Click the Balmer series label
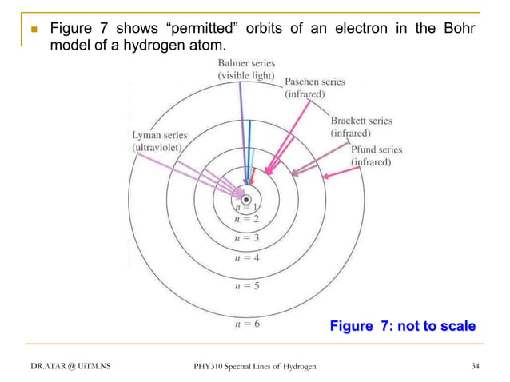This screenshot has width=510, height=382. point(243,68)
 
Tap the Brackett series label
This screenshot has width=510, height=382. point(361,126)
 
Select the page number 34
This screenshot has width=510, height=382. point(476,366)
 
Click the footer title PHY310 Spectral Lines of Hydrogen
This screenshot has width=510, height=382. point(255,366)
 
